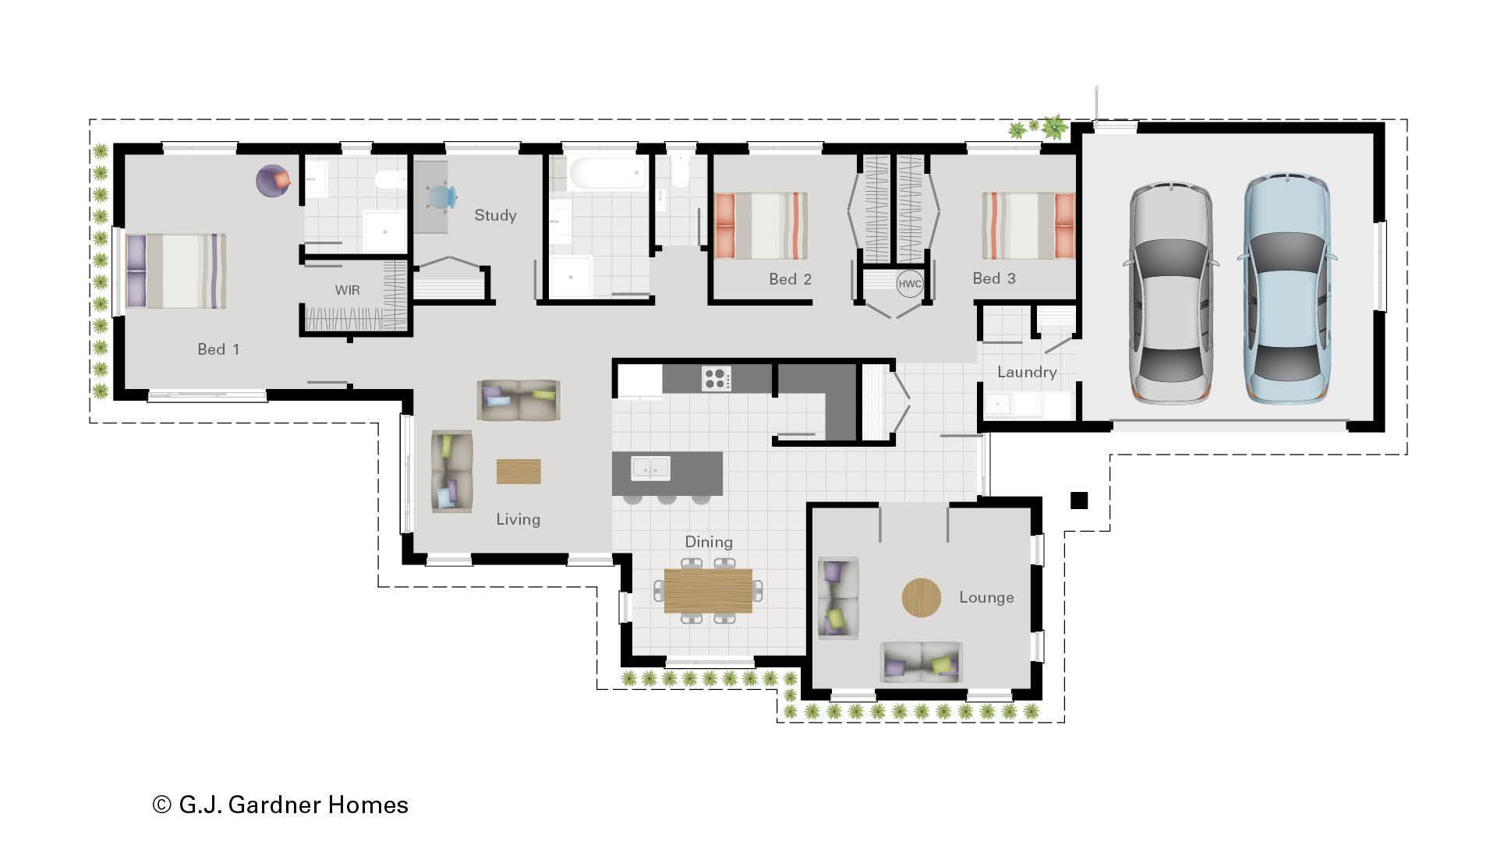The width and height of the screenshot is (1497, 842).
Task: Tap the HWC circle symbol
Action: click(x=909, y=284)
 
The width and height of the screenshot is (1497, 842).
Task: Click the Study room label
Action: click(x=495, y=215)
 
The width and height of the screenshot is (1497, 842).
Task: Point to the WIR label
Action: click(x=347, y=290)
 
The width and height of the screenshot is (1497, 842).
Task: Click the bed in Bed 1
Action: click(x=176, y=271)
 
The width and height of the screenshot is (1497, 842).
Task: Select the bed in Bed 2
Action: click(x=761, y=226)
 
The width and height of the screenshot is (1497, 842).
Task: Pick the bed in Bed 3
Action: click(x=1028, y=226)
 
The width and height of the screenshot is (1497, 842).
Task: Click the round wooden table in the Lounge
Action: click(x=921, y=598)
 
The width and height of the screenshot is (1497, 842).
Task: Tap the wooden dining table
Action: click(x=708, y=590)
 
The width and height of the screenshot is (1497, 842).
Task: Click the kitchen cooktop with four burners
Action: click(x=716, y=378)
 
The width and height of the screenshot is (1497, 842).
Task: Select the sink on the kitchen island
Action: click(x=650, y=468)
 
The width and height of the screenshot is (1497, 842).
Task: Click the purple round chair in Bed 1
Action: click(x=273, y=181)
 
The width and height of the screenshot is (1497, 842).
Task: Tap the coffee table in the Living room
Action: click(x=518, y=472)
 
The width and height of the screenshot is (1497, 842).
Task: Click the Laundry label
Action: click(x=1027, y=372)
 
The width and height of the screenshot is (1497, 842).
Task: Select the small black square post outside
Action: click(x=1078, y=501)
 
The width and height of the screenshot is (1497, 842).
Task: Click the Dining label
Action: click(x=708, y=542)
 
